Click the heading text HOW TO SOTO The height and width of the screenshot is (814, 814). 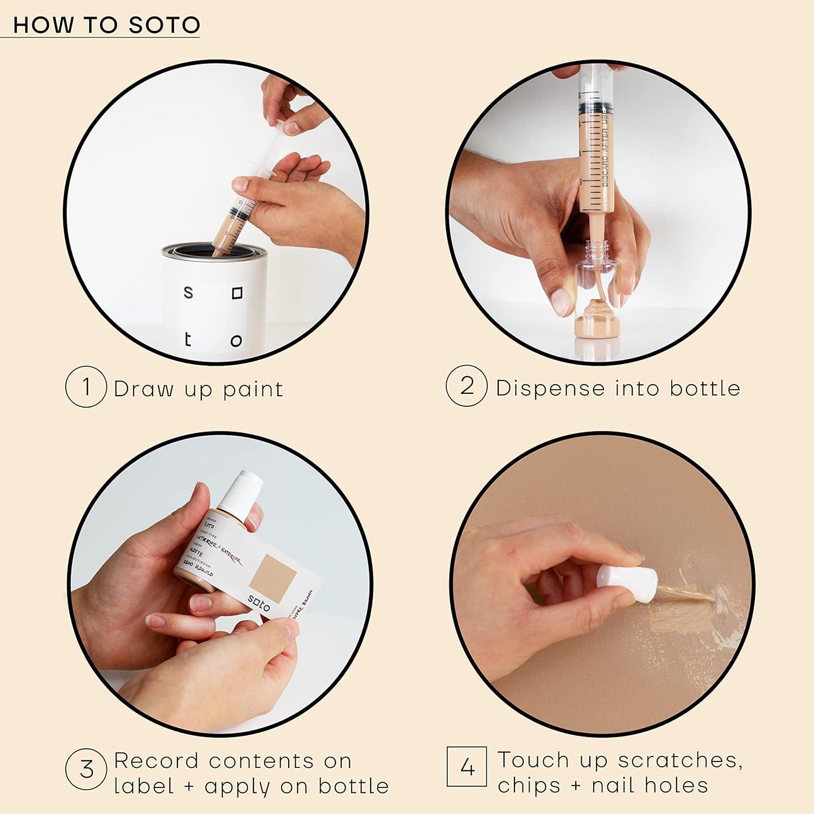(x=106, y=25)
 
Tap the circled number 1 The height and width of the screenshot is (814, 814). (x=86, y=387)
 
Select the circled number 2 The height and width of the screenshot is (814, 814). (x=466, y=386)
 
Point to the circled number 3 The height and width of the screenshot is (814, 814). (x=86, y=770)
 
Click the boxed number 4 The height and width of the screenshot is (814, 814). (x=467, y=766)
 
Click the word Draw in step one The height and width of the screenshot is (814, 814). (x=143, y=389)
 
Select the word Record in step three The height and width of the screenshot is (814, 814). (x=156, y=761)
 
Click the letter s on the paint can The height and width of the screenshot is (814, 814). (x=188, y=293)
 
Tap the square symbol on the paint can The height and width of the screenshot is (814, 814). (x=237, y=293)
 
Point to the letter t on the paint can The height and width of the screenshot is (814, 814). (x=188, y=340)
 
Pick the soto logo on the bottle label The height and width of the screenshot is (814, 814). (x=259, y=603)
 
